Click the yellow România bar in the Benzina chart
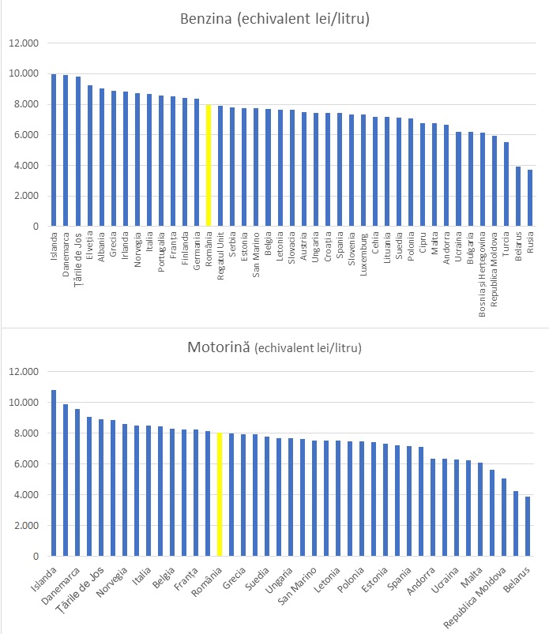point(209,166)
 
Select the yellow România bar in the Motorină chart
point(220,494)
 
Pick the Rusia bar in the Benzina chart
point(530,198)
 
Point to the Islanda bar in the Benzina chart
point(54,150)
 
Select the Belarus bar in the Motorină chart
point(528,526)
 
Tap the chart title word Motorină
point(217,347)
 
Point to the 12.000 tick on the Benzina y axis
point(24,43)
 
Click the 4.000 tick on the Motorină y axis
point(24,495)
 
